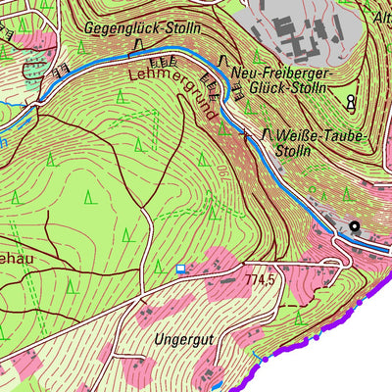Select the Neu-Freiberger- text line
(x=282, y=73)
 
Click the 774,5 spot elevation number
(x=260, y=280)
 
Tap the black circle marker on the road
(x=354, y=226)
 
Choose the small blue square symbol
(x=179, y=268)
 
